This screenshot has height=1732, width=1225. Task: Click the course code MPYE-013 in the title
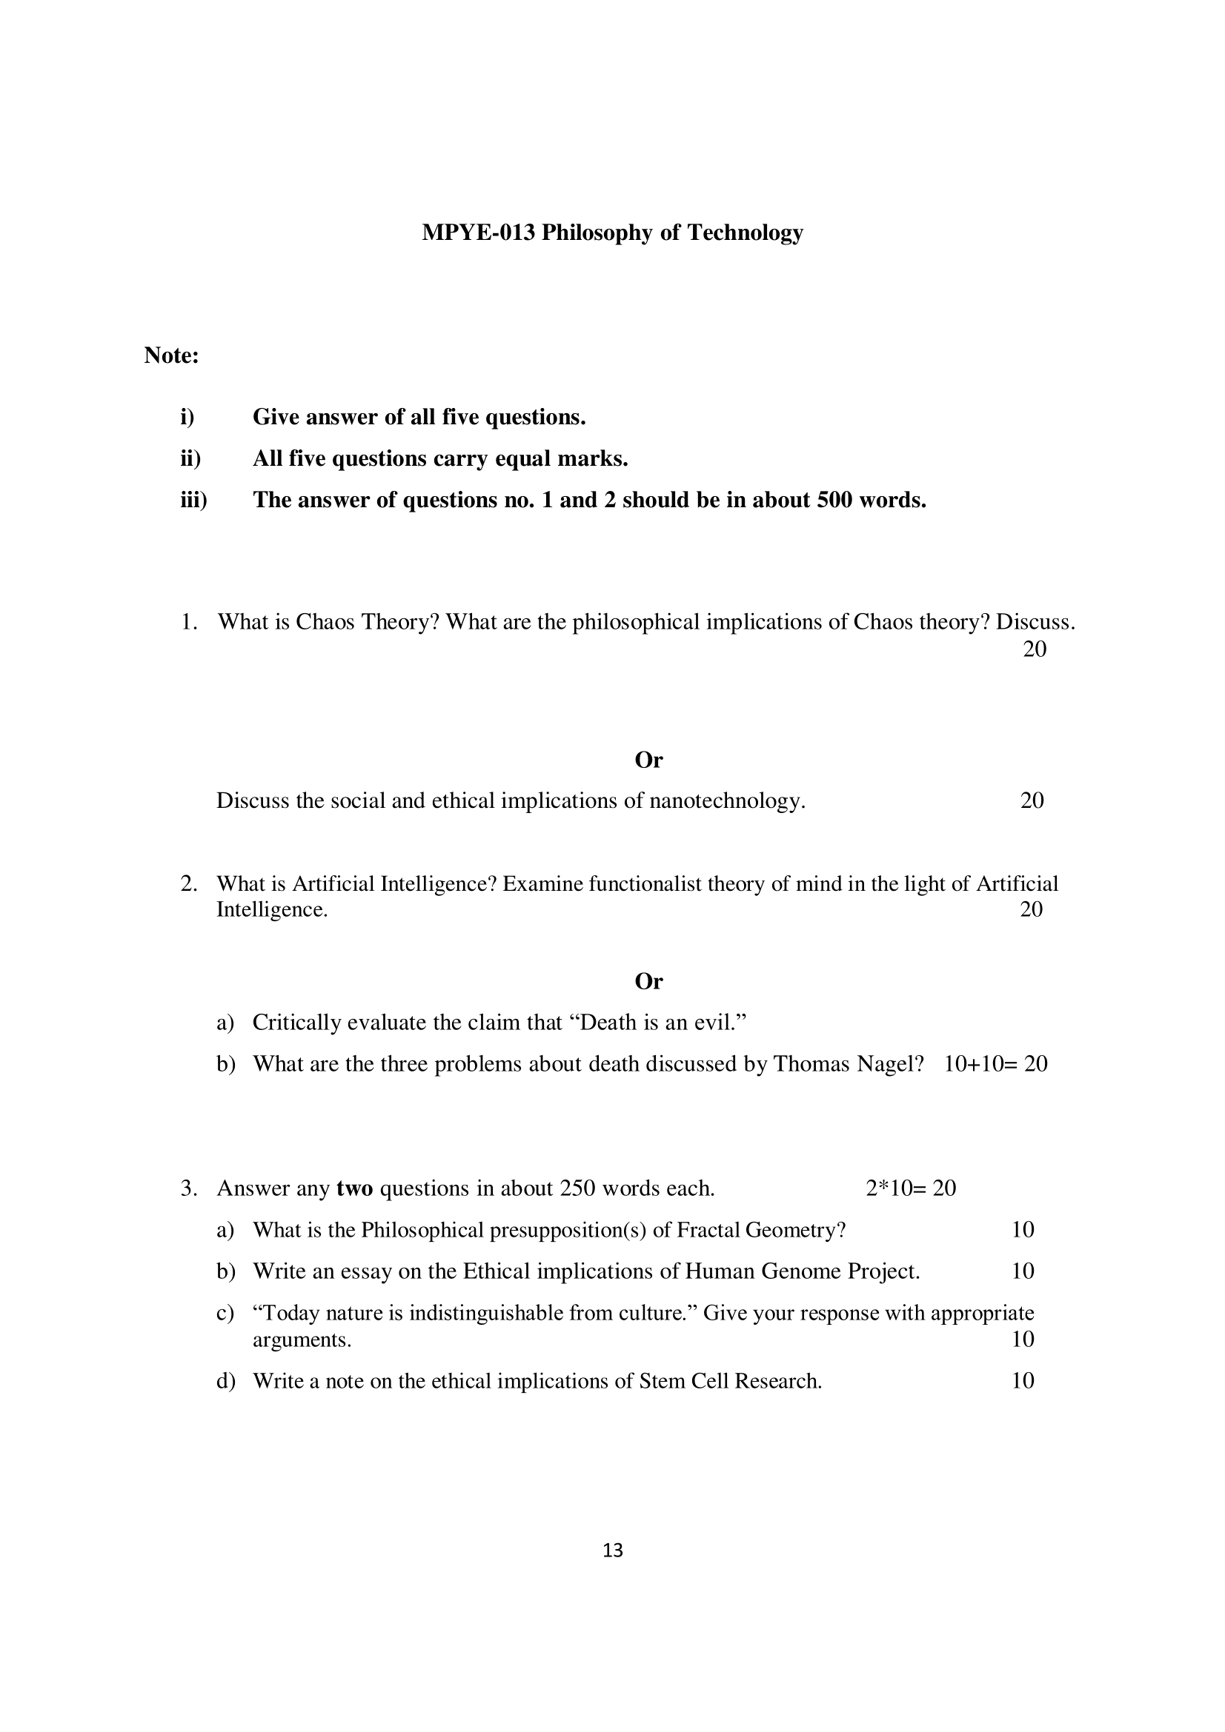(x=479, y=233)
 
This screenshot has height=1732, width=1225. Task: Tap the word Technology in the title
(x=745, y=233)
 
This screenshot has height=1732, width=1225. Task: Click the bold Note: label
(x=171, y=355)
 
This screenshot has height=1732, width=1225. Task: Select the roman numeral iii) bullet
(x=193, y=500)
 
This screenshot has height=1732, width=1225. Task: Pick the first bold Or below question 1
(x=648, y=760)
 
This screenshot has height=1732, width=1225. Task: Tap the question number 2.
(x=189, y=883)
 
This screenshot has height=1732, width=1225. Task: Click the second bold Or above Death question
(x=648, y=981)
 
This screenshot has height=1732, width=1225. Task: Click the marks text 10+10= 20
(x=995, y=1063)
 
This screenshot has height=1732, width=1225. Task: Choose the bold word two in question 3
(x=355, y=1188)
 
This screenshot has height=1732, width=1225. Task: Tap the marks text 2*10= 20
(x=911, y=1188)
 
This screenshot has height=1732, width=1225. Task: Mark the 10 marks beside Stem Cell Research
(x=1023, y=1380)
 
